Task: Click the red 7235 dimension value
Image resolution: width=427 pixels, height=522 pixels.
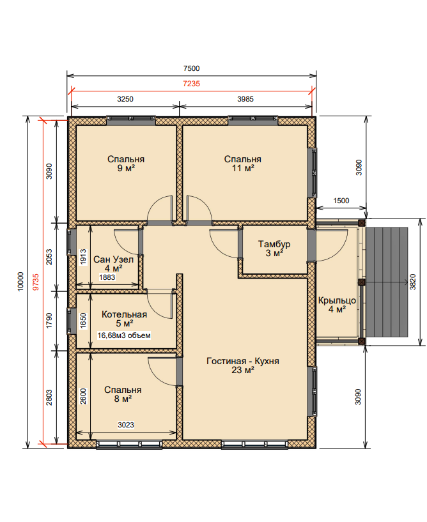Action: point(192,84)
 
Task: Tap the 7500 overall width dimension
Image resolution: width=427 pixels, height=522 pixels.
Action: point(192,68)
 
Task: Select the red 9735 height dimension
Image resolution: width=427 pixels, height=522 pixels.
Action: point(36,282)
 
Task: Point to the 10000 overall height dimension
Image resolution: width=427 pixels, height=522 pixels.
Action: point(20,282)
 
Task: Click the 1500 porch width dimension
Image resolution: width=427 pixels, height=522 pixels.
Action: point(341,201)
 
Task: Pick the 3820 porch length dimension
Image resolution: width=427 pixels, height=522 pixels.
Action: point(413,282)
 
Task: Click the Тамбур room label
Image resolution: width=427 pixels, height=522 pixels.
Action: point(274,244)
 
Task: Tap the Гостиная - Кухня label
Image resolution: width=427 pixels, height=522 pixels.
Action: point(243,361)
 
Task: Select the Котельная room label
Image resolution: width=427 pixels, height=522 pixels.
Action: point(124,314)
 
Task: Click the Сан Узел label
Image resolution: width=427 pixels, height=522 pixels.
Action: point(113,259)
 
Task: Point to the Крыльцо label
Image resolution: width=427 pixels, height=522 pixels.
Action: point(337,300)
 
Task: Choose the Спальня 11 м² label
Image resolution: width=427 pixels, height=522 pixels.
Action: point(243,163)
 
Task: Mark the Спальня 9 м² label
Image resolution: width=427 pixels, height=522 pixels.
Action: point(126,163)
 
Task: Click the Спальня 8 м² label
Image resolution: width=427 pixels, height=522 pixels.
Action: point(123,394)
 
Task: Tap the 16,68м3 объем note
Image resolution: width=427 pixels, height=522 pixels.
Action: point(124,335)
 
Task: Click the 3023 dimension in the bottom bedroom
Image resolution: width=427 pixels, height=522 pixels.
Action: point(126,425)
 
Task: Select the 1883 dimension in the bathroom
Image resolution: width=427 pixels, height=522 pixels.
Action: point(107,277)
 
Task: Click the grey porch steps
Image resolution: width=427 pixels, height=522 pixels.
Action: point(387,282)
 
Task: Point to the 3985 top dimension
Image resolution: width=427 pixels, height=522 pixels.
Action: point(245,99)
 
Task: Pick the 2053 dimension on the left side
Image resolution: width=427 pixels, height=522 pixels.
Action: point(49,257)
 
